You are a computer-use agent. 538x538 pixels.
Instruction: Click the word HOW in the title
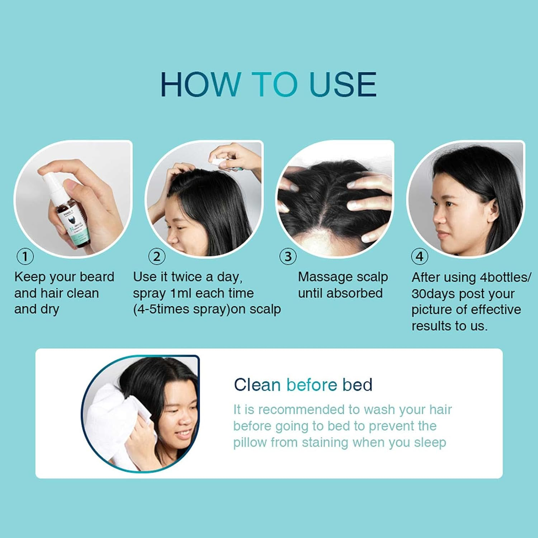pyautogui.click(x=200, y=84)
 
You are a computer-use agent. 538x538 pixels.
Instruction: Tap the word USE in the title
pyautogui.click(x=343, y=84)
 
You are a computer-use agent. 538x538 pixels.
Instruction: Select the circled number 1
pyautogui.click(x=25, y=256)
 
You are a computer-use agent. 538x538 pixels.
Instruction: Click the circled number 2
pyautogui.click(x=157, y=256)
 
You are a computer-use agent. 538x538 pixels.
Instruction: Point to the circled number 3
pyautogui.click(x=288, y=256)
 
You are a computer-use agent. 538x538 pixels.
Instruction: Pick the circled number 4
pyautogui.click(x=419, y=256)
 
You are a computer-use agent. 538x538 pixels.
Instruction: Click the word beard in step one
pyautogui.click(x=97, y=277)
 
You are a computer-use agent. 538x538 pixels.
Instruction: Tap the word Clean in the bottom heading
pyautogui.click(x=257, y=385)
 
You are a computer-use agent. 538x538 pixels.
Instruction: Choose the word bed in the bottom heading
pyautogui.click(x=357, y=385)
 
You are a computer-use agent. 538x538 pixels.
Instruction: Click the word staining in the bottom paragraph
pyautogui.click(x=325, y=443)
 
